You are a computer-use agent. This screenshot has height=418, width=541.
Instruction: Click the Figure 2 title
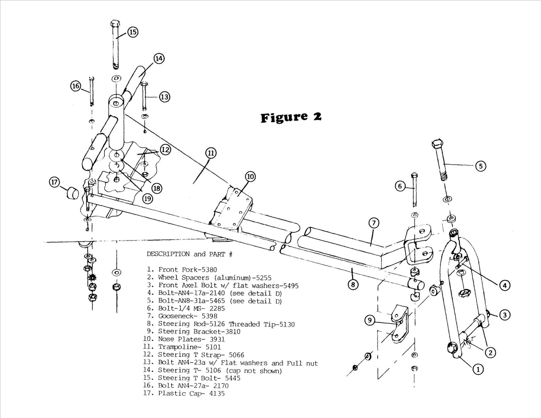pyautogui.click(x=291, y=117)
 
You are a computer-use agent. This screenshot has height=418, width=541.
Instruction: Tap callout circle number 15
pyautogui.click(x=133, y=32)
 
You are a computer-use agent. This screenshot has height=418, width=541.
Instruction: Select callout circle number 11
pyautogui.click(x=211, y=153)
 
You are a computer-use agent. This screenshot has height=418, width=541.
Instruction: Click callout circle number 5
pyautogui.click(x=481, y=166)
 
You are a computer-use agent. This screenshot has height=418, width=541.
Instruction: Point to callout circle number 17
pyautogui.click(x=55, y=182)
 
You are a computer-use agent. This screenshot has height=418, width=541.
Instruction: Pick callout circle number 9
pyautogui.click(x=370, y=320)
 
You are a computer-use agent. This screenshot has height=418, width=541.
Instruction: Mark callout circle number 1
pyautogui.click(x=478, y=369)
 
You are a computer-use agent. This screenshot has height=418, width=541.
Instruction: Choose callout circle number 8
pyautogui.click(x=353, y=284)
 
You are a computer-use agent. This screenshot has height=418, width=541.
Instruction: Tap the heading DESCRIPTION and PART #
pyautogui.click(x=189, y=254)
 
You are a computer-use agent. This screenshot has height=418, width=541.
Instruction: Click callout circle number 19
pyautogui.click(x=147, y=198)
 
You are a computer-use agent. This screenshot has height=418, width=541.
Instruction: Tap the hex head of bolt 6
pyautogui.click(x=414, y=175)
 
